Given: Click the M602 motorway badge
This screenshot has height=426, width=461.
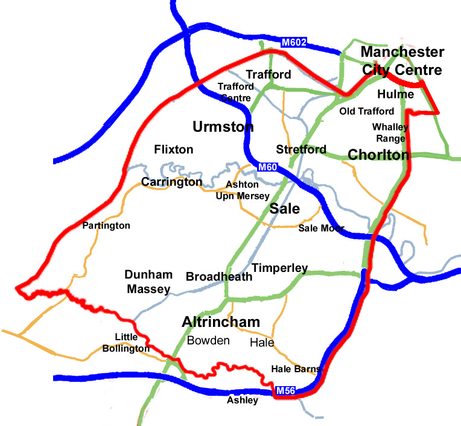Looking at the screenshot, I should pos(294,42).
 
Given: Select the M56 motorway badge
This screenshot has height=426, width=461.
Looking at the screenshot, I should pos(285,392).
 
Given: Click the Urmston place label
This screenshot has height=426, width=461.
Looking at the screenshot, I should pos(223,127).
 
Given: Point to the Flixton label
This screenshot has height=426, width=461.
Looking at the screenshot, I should pos(174,149).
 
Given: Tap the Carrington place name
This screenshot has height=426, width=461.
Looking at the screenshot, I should pos(171,182).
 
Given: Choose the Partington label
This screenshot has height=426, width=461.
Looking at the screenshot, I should pos(107,225).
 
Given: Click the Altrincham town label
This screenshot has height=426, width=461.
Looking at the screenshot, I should pos(221,322).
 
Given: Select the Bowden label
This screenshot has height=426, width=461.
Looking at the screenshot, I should pos(208,340).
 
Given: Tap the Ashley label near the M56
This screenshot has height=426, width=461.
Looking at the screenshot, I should pos(243,400).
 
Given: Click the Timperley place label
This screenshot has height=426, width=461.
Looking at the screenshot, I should pos(280,268).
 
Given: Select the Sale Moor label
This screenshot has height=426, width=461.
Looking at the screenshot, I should pos(322,228).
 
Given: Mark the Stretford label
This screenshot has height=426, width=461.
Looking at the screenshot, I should pos(301,149).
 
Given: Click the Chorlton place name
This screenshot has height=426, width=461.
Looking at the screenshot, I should pos(379,155).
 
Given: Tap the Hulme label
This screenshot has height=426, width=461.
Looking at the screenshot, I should pos(395,94).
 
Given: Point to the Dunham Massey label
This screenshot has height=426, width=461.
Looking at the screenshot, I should pos(148,282).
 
